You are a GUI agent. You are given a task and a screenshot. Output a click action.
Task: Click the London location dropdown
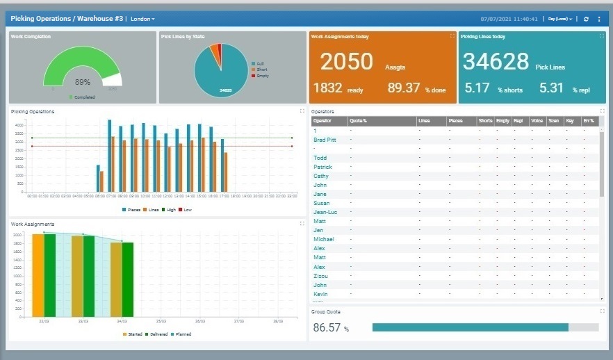pyautogui.click(x=142, y=19)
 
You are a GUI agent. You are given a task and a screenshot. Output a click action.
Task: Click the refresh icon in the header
pyautogui.click(x=586, y=19)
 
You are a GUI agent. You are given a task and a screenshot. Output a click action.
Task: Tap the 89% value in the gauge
pyautogui.click(x=82, y=82)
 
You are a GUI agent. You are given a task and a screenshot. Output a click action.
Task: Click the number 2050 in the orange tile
pyautogui.click(x=346, y=62)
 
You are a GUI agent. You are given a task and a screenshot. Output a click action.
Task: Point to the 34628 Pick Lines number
pyautogui.click(x=496, y=62)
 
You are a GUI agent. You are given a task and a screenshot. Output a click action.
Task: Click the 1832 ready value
pyautogui.click(x=328, y=88)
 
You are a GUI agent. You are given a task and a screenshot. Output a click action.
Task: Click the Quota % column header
pyautogui.click(x=358, y=121)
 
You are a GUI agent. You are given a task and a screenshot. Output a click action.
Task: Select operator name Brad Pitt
pyautogui.click(x=325, y=140)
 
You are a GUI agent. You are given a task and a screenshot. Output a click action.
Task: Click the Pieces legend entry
pyautogui.click(x=131, y=209)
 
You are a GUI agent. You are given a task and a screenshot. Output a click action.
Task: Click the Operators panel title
pyautogui.click(x=322, y=111)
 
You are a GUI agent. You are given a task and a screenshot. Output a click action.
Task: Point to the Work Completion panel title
pyautogui.click(x=31, y=36)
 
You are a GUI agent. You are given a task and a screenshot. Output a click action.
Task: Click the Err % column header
pyautogui.click(x=588, y=121)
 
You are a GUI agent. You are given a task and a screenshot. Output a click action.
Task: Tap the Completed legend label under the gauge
pyautogui.click(x=83, y=97)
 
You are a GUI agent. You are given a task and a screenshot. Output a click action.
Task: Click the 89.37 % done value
pyautogui.click(x=404, y=88)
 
